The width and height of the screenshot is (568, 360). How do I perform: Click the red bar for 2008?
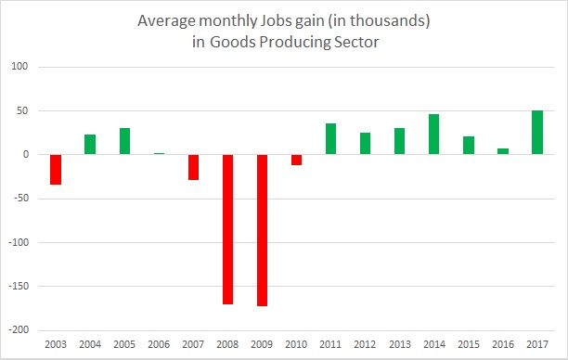point(227,229)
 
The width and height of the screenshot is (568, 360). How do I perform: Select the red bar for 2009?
point(262,230)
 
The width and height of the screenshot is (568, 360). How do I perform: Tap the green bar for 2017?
point(537,132)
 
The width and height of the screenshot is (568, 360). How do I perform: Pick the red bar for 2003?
point(56,170)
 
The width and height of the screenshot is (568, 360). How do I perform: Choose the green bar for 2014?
point(434,134)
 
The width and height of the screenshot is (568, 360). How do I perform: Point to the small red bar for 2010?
point(296,160)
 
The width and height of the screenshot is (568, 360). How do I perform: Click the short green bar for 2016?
point(503,151)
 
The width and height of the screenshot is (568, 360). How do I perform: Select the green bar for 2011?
point(330,139)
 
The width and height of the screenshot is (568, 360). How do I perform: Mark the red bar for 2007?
point(193,167)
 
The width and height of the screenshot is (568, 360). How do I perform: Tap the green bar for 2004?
point(90,145)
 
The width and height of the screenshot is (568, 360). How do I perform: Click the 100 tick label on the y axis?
point(19,66)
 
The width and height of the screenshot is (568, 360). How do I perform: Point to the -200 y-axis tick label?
point(19,330)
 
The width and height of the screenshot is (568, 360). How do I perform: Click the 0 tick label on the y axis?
point(26,154)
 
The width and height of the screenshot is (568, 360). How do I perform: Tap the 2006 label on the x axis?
point(159,344)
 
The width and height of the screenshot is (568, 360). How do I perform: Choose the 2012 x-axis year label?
point(365,344)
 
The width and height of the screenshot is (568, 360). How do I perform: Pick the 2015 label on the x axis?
point(469,344)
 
